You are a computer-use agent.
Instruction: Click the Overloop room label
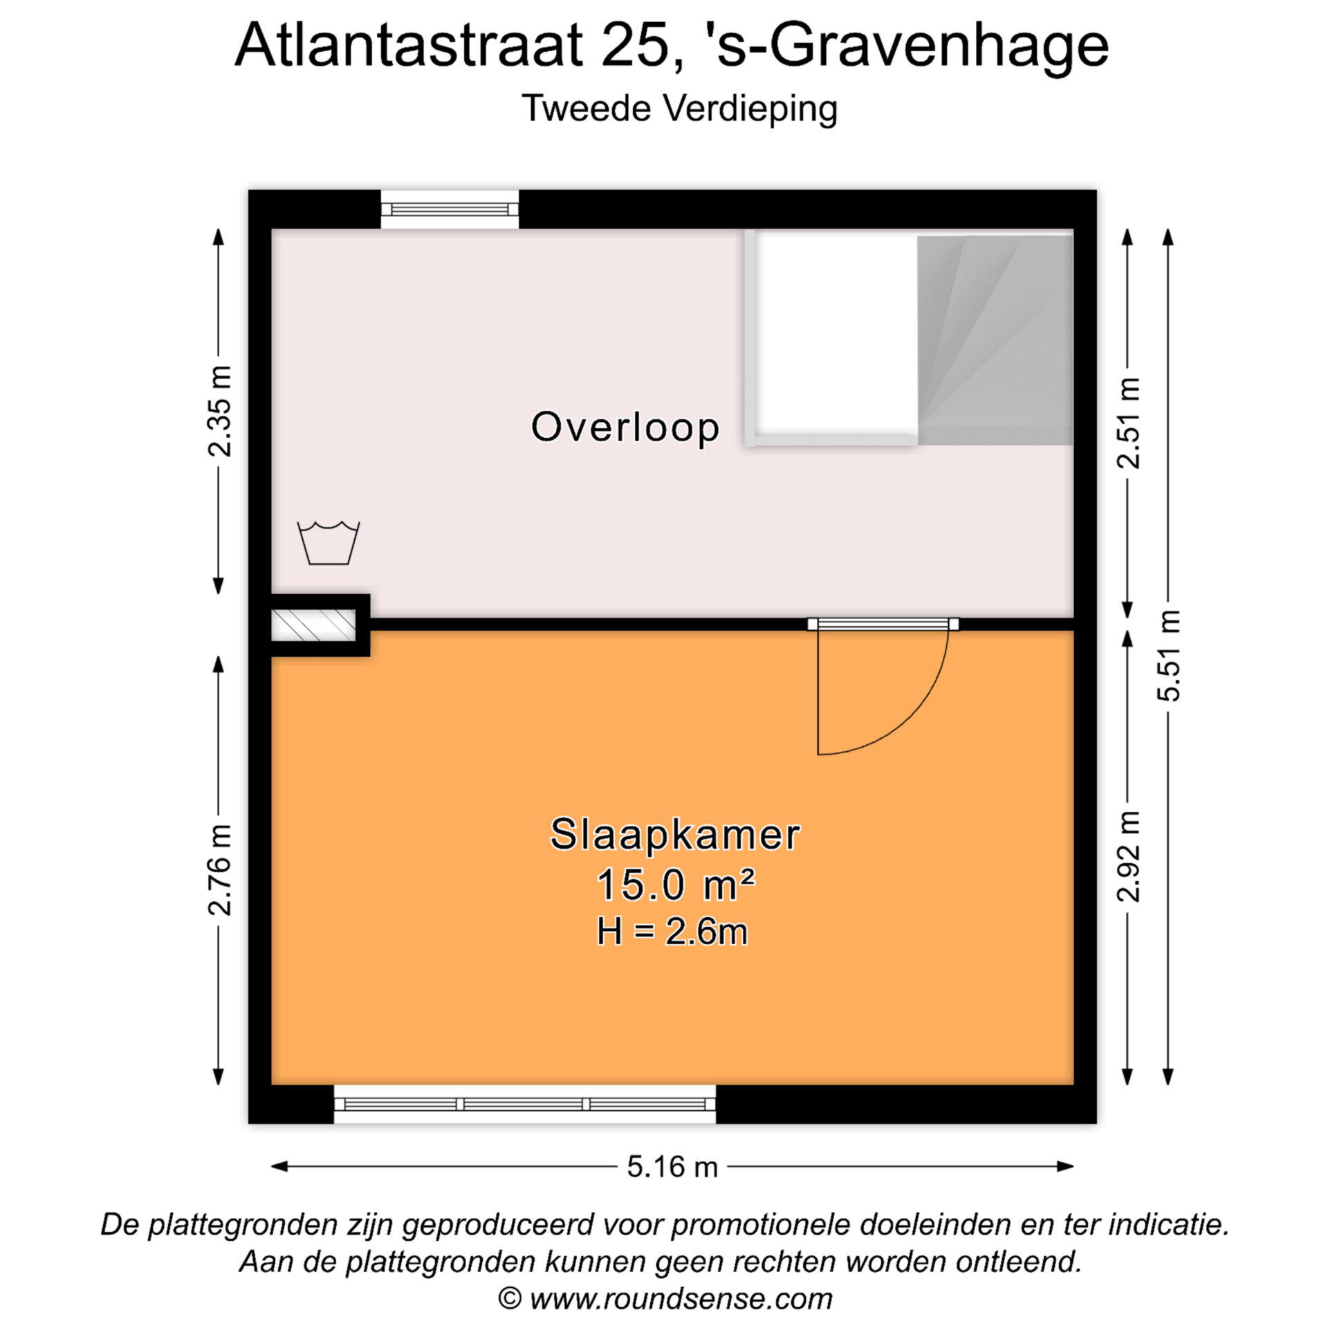pyautogui.click(x=625, y=427)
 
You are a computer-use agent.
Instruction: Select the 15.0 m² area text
pyautogui.click(x=675, y=885)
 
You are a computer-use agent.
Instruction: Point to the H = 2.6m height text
pyautogui.click(x=672, y=931)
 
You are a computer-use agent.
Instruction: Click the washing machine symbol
pyautogui.click(x=328, y=543)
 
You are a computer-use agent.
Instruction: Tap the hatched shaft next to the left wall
pyautogui.click(x=313, y=625)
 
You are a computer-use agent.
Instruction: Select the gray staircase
pyautogui.click(x=995, y=340)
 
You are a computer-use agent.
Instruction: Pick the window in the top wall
pyautogui.click(x=450, y=209)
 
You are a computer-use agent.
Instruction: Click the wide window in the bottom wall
pyautogui.click(x=524, y=1104)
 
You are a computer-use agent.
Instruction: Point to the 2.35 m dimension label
pyautogui.click(x=219, y=411)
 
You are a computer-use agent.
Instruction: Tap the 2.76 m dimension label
pyautogui.click(x=219, y=870)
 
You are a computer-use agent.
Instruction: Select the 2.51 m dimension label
pyautogui.click(x=1128, y=423)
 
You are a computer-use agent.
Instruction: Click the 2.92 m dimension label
pyautogui.click(x=1128, y=856)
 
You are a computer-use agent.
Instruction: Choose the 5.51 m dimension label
pyautogui.click(x=1169, y=656)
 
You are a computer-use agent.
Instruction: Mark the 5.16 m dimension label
pyautogui.click(x=672, y=1167)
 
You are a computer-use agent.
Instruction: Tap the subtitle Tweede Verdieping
pyautogui.click(x=679, y=109)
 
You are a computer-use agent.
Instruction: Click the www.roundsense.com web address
pyautogui.click(x=681, y=1299)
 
